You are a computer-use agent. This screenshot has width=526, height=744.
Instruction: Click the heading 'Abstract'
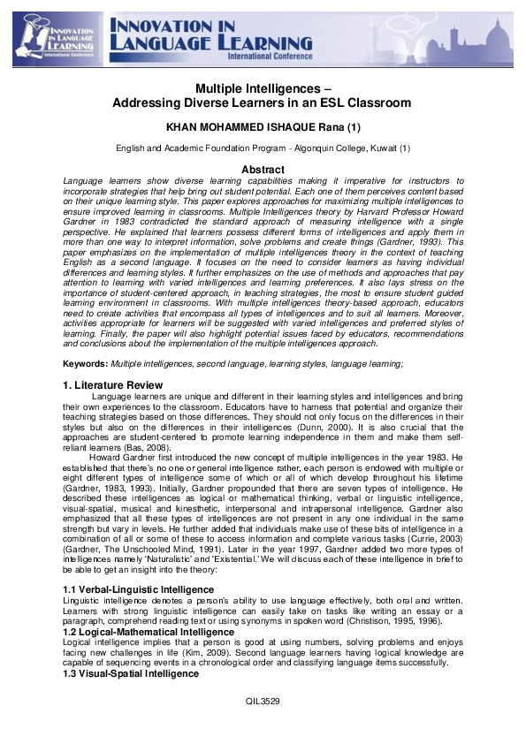[x=263, y=170]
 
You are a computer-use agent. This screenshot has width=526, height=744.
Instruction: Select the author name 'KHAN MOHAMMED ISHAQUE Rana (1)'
[x=263, y=127]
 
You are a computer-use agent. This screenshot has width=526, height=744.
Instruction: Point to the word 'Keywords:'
[x=87, y=364]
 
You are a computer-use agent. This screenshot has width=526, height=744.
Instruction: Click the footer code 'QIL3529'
[x=262, y=725]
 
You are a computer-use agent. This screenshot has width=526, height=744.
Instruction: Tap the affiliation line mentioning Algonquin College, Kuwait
[x=263, y=149]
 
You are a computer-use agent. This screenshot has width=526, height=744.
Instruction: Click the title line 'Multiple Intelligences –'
[x=262, y=89]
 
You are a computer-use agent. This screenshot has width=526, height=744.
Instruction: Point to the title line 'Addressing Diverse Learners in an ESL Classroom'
[x=262, y=103]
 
